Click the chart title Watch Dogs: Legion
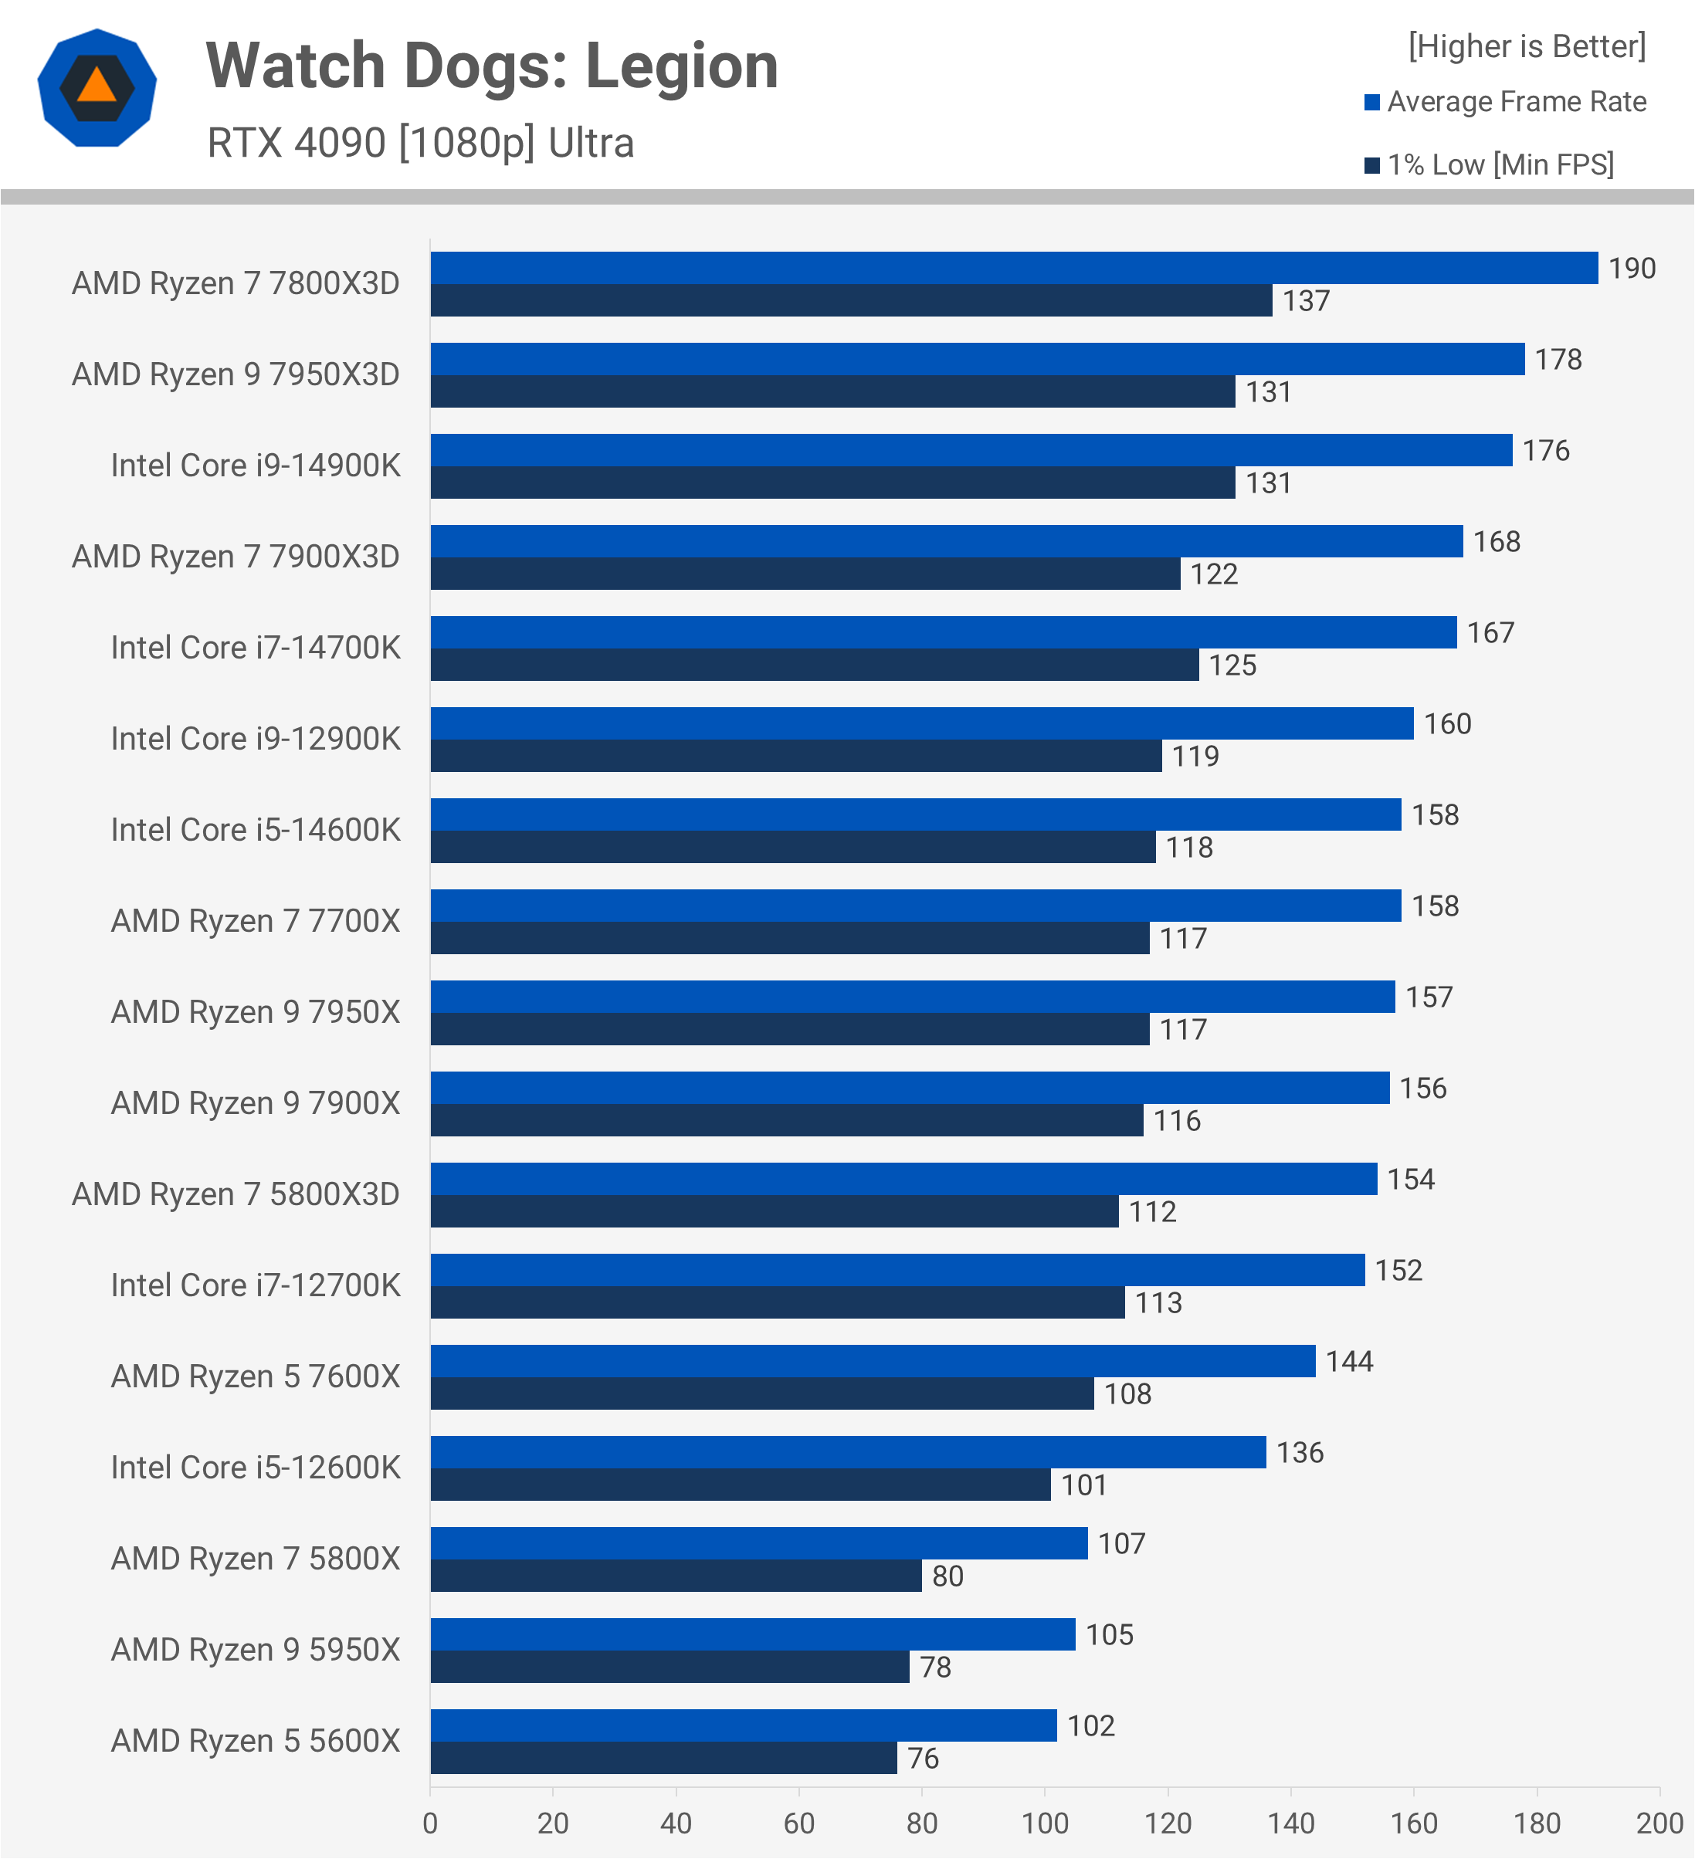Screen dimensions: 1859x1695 point(492,66)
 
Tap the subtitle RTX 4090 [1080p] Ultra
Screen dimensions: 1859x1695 point(421,143)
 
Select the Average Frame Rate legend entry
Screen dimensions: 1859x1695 point(1505,101)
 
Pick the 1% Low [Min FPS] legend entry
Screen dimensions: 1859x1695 point(1490,165)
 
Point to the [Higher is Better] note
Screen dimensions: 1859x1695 point(1526,46)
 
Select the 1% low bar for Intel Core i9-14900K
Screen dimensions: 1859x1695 point(832,483)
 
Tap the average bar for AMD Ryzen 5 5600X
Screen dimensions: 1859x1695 point(744,1725)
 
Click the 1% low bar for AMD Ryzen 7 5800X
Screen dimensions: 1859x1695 point(675,1575)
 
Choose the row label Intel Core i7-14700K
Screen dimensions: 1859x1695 point(256,647)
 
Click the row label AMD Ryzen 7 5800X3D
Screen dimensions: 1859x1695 point(236,1194)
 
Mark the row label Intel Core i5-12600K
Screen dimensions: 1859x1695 point(256,1467)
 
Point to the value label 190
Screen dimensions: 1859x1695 point(1632,269)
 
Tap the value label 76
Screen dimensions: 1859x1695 point(923,1759)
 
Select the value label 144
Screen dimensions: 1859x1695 point(1349,1361)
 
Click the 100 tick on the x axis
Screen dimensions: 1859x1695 point(1045,1823)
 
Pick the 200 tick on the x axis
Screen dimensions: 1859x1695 point(1659,1823)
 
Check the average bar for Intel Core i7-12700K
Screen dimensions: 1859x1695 point(897,1270)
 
